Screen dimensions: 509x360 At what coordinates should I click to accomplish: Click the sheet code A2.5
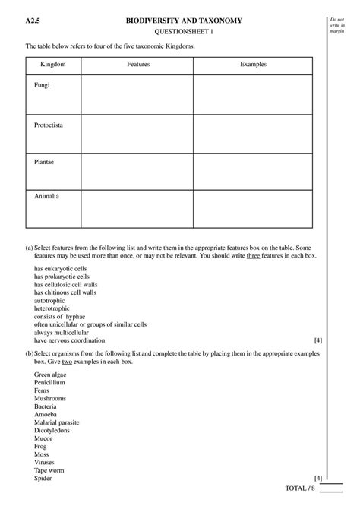[x=33, y=21]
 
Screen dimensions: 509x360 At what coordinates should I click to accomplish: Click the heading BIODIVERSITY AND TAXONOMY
[x=184, y=21]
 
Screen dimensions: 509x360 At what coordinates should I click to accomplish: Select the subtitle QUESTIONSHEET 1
[x=184, y=32]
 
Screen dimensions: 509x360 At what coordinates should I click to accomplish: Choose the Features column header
[x=137, y=65]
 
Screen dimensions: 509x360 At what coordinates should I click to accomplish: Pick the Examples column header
[x=252, y=65]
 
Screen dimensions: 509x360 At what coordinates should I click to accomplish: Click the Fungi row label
[x=43, y=84]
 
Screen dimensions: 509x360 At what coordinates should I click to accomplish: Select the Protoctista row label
[x=49, y=124]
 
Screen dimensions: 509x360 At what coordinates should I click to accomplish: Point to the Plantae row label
[x=45, y=161]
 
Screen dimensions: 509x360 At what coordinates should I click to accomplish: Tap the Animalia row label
[x=46, y=197]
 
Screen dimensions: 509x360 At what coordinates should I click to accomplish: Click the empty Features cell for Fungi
[x=137, y=94]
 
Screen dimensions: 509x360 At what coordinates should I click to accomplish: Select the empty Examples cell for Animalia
[x=252, y=208]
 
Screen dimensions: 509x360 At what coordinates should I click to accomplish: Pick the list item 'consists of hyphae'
[x=59, y=317]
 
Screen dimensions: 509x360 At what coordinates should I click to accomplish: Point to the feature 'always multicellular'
[x=62, y=333]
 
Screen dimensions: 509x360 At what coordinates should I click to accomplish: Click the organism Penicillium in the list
[x=49, y=383]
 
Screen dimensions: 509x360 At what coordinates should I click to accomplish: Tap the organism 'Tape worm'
[x=49, y=470]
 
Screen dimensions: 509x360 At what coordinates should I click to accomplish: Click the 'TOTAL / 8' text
[x=298, y=487]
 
